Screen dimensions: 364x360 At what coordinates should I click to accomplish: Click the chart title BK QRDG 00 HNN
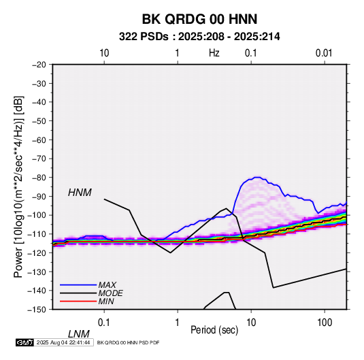click(199, 19)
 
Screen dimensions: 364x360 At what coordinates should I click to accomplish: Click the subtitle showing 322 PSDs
click(199, 37)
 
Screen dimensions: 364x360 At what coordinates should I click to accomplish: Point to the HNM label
click(80, 193)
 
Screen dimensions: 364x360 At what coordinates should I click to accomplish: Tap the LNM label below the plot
click(79, 334)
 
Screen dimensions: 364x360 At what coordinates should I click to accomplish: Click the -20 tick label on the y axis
click(39, 65)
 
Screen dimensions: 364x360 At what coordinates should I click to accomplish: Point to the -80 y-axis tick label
click(39, 178)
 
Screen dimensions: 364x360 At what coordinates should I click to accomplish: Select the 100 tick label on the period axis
click(324, 323)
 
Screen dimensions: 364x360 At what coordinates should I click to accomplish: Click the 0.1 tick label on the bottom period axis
click(104, 323)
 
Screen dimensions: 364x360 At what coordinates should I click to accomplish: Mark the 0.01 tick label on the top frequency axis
click(324, 53)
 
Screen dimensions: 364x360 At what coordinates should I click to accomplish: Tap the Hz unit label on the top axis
click(214, 53)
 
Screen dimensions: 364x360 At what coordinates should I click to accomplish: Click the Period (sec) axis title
click(214, 330)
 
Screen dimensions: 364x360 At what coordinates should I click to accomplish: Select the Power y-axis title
click(18, 187)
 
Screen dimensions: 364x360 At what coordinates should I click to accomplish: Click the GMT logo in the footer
click(25, 342)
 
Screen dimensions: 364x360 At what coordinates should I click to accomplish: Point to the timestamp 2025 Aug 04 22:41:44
click(63, 342)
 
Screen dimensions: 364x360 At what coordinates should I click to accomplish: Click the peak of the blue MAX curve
click(257, 178)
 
